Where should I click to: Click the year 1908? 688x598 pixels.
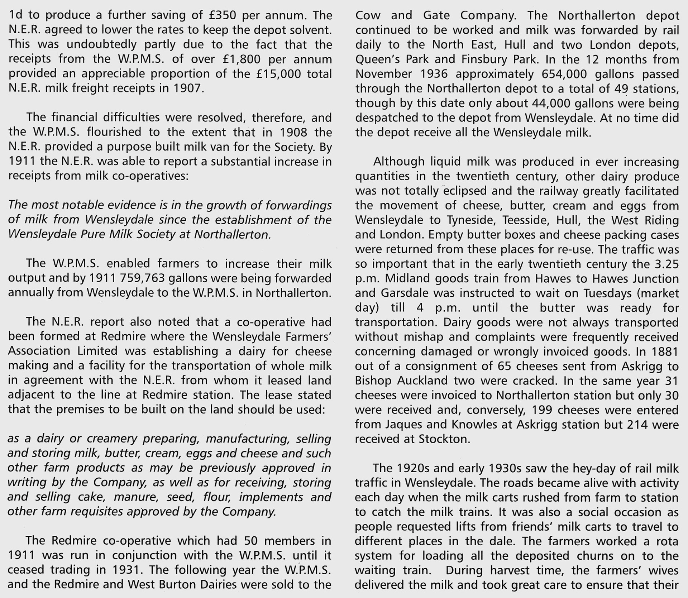coord(293,132)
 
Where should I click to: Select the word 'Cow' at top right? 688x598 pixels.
coord(367,15)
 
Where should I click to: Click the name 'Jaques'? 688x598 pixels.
coord(404,425)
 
